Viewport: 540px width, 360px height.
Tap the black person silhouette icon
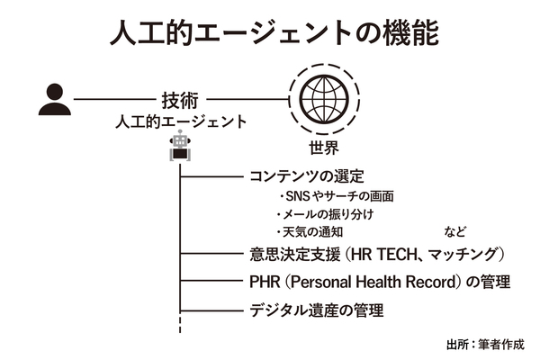(53, 99)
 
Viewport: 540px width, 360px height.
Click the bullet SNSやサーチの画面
(334, 196)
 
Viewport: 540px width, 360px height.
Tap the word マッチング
(467, 255)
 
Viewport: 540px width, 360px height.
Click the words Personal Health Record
(382, 283)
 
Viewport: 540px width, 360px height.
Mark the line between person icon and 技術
(112, 99)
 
